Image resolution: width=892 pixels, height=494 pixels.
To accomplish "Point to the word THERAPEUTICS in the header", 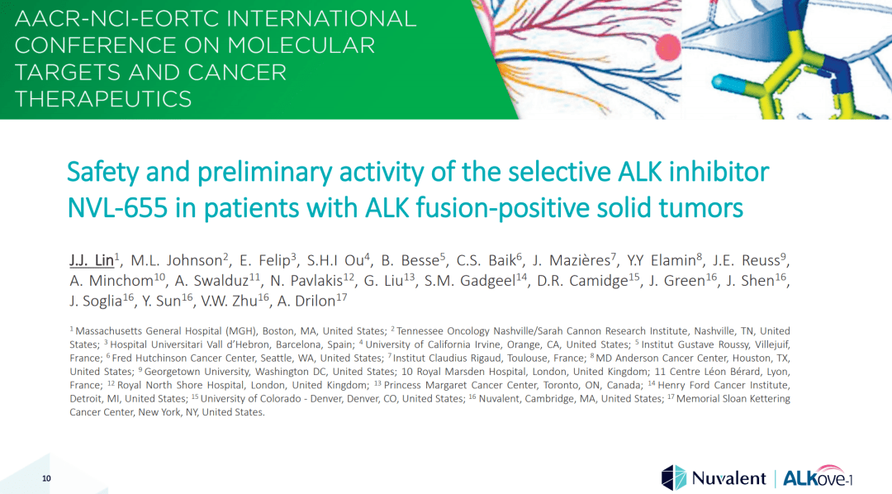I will click(103, 99).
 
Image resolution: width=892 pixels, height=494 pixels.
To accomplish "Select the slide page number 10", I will click(46, 479).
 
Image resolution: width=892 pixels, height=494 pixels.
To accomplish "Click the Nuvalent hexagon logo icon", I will click(673, 477).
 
